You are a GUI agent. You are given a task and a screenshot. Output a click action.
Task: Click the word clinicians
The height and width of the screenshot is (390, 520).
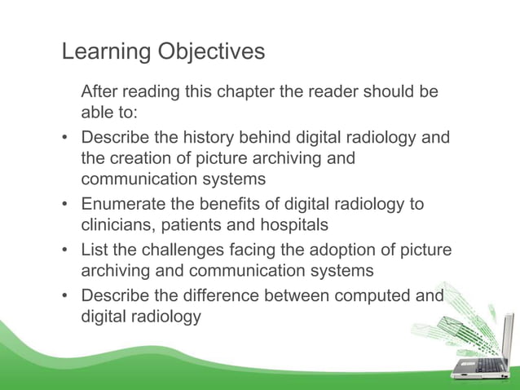pyautogui.click(x=118, y=224)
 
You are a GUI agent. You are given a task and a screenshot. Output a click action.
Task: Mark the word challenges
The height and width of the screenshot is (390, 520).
pyautogui.click(x=183, y=250)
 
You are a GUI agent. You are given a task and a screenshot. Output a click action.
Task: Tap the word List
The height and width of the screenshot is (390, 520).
pyautogui.click(x=94, y=250)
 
